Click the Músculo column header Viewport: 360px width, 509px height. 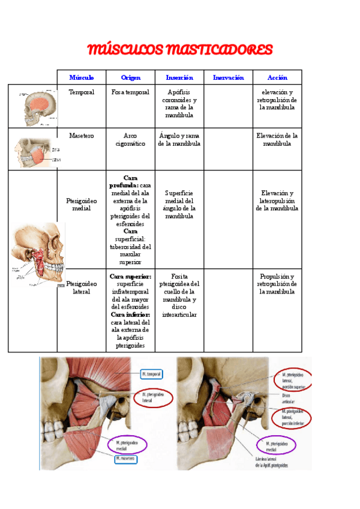[x=81, y=77]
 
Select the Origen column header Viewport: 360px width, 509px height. [x=130, y=77]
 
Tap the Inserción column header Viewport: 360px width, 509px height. [x=179, y=77]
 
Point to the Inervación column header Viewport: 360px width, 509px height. [x=228, y=77]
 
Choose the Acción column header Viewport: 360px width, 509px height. [x=277, y=77]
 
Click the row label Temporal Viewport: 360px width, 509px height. [x=81, y=92]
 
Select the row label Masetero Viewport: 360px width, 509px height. [x=81, y=136]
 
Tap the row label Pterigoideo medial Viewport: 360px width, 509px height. [x=81, y=205]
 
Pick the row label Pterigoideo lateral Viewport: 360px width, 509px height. [x=81, y=287]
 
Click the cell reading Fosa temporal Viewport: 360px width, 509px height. [x=130, y=92]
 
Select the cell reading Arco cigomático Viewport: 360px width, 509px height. [x=130, y=140]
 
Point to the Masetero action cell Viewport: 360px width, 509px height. [x=277, y=140]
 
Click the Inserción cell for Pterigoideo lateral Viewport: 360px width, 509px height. [x=179, y=295]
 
